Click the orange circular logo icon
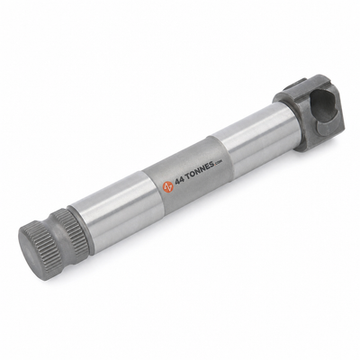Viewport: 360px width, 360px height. tap(168, 187)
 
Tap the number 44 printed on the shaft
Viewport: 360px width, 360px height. tap(179, 181)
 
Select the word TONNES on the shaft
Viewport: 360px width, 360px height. tap(200, 171)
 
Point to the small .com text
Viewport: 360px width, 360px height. tap(218, 163)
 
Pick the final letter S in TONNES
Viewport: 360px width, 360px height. tap(211, 166)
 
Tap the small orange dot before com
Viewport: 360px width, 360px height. tap(215, 165)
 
